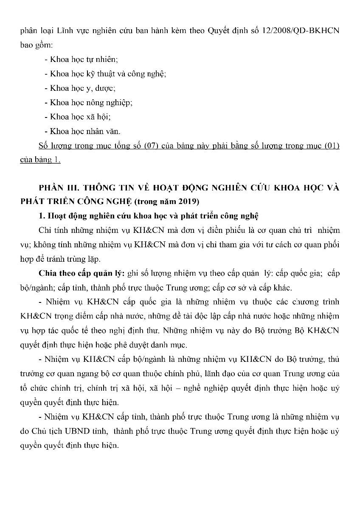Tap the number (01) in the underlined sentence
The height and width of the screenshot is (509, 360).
click(x=332, y=146)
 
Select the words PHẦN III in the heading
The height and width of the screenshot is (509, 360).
click(x=57, y=188)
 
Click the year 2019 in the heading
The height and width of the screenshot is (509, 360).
click(x=190, y=201)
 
